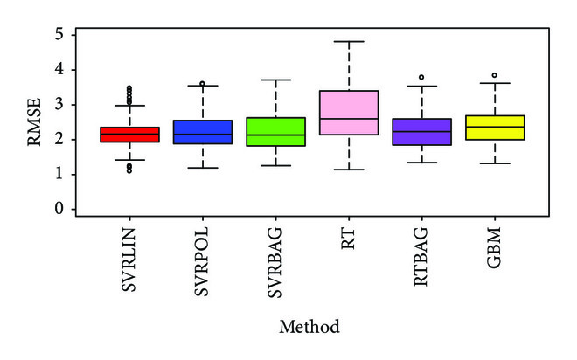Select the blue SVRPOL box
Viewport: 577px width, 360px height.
pyautogui.click(x=203, y=132)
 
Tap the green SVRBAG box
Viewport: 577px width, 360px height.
pyautogui.click(x=276, y=131)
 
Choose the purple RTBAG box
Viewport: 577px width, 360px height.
pyautogui.click(x=423, y=132)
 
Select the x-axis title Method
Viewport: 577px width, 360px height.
pyautogui.click(x=309, y=327)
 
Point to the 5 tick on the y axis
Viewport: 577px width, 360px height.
pyautogui.click(x=59, y=35)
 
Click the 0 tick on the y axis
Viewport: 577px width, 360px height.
pyautogui.click(x=59, y=210)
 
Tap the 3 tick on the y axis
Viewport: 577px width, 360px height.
pyautogui.click(x=59, y=105)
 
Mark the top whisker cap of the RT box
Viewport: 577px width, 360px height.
pyautogui.click(x=350, y=41)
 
